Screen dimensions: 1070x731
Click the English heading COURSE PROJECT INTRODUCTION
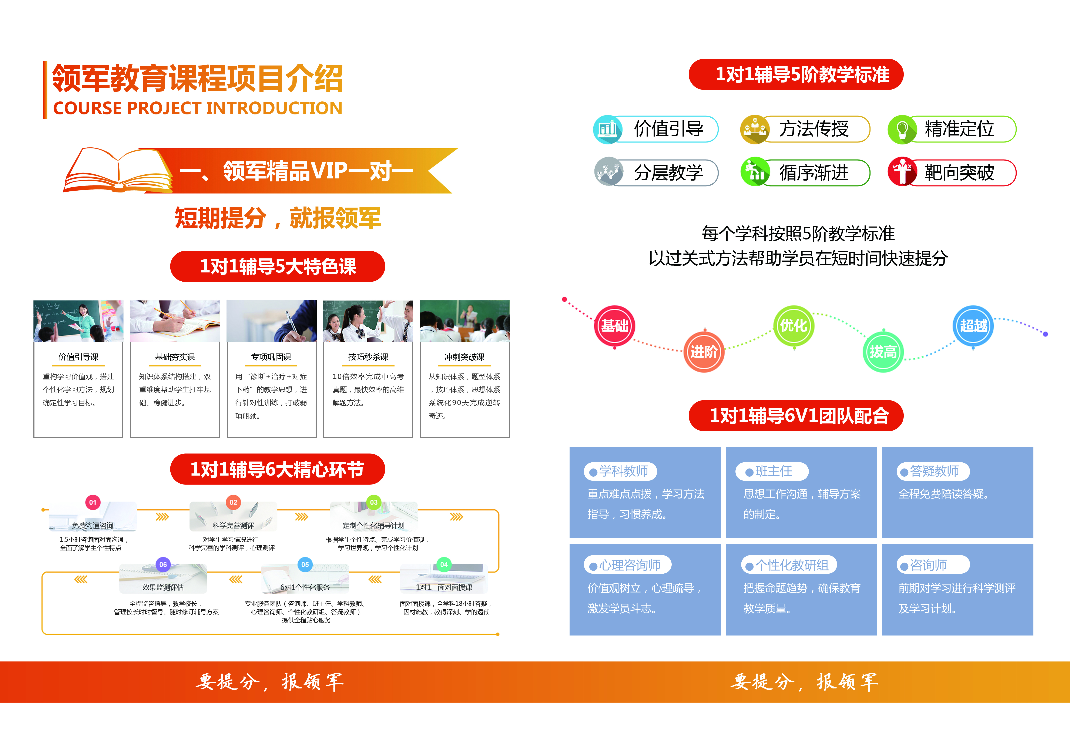pyautogui.click(x=198, y=108)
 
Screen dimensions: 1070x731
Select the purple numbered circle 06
pyautogui.click(x=163, y=564)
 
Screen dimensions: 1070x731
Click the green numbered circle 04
pyautogui.click(x=444, y=564)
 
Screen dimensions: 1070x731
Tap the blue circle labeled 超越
pyautogui.click(x=973, y=326)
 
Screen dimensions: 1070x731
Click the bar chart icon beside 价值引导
pyautogui.click(x=608, y=129)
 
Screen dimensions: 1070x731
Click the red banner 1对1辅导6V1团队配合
pyautogui.click(x=796, y=416)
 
